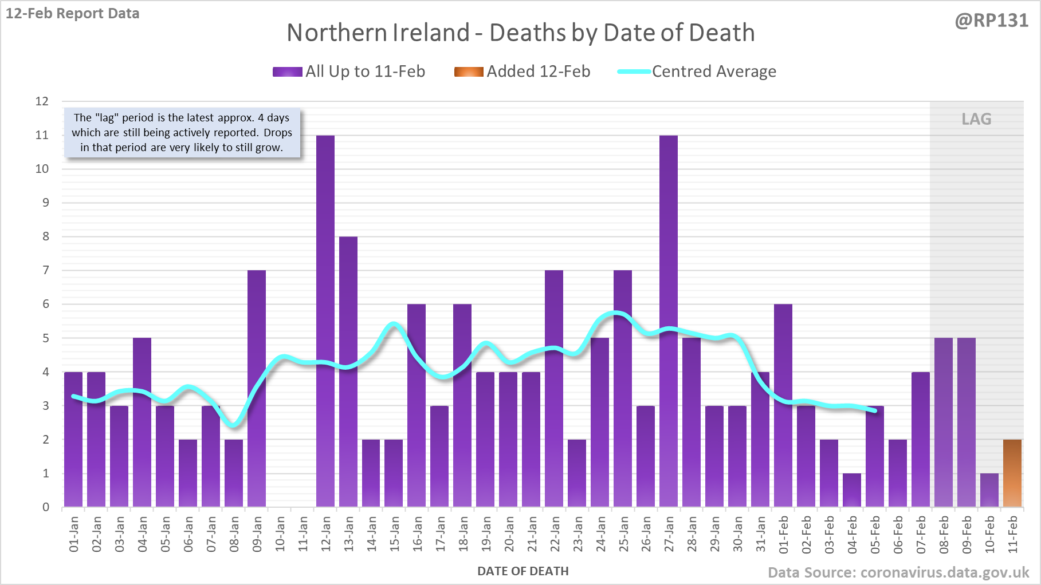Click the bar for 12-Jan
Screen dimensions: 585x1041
click(325, 321)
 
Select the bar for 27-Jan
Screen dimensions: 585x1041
click(669, 321)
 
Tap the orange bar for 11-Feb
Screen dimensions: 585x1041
click(1012, 473)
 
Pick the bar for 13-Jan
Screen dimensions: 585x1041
click(348, 371)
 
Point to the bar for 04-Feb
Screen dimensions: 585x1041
click(852, 490)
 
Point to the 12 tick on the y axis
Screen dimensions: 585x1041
click(42, 101)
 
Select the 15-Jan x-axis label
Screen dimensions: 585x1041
click(394, 534)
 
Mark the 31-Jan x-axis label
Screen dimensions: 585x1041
click(760, 534)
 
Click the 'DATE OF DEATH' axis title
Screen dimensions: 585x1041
click(523, 571)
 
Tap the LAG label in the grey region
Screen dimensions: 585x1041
click(976, 119)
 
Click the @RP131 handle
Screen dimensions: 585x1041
click(991, 21)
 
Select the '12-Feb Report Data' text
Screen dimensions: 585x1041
click(73, 13)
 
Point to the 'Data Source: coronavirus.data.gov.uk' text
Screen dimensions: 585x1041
click(898, 572)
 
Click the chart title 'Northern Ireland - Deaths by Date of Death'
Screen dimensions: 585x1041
click(520, 33)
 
